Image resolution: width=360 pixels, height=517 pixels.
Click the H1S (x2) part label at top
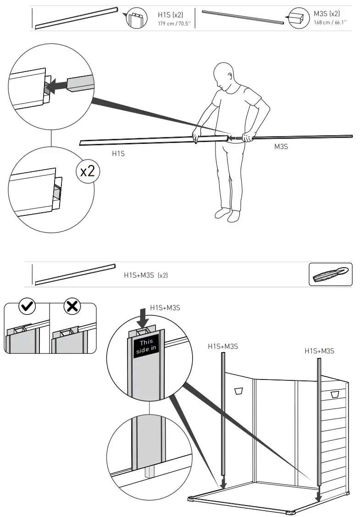(170, 15)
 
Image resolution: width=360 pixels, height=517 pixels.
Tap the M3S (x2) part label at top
(327, 14)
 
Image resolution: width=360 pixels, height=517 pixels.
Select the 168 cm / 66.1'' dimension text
(330, 22)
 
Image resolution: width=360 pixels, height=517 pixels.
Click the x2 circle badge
(87, 171)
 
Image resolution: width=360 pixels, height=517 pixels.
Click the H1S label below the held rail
(118, 154)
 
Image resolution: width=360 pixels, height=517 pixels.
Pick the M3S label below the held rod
(281, 147)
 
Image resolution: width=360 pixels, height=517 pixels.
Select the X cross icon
(72, 306)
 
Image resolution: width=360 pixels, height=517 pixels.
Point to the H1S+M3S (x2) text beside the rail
(146, 275)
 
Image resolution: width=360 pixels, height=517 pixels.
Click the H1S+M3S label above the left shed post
(223, 346)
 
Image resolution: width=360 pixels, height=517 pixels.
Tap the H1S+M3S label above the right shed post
(319, 351)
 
